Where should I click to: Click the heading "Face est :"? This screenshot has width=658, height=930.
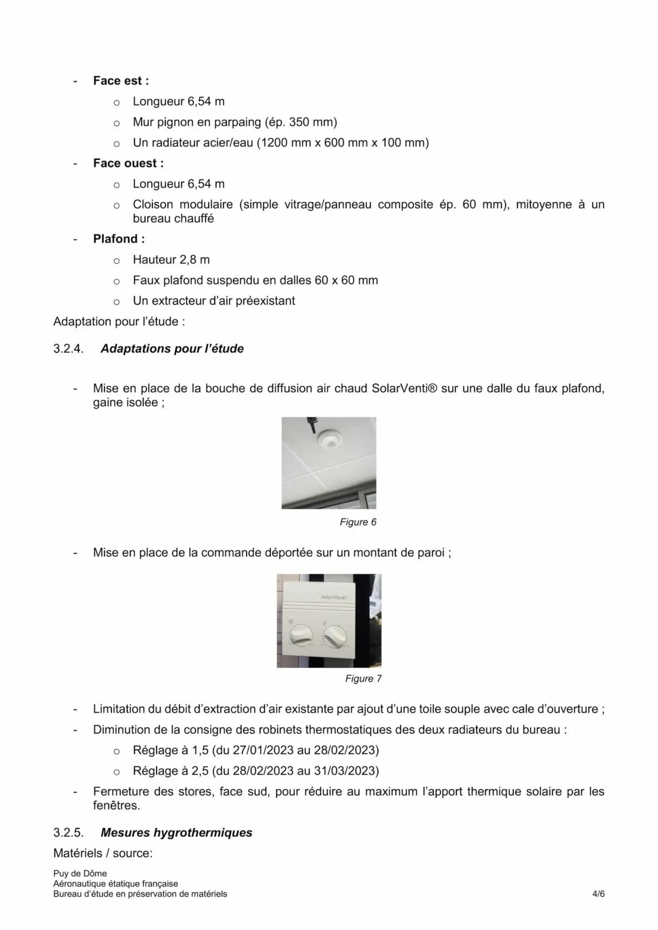[121, 81]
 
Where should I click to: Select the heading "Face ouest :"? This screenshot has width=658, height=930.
[128, 163]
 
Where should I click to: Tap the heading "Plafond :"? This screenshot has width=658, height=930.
[119, 239]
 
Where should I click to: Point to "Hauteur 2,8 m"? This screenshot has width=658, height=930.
[171, 260]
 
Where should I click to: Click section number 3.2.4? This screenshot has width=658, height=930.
[68, 349]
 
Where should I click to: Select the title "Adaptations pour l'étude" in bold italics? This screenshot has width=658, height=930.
[172, 349]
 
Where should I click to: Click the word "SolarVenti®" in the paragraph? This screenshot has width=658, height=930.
[405, 388]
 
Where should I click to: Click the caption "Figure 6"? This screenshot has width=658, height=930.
[358, 522]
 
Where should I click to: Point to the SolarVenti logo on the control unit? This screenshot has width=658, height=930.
[334, 597]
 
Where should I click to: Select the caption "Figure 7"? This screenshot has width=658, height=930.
[363, 679]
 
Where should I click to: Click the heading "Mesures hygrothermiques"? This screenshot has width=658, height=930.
[176, 833]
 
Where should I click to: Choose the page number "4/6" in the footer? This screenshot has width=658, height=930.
[598, 894]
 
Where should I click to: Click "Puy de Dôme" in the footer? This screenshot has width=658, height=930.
[80, 873]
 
